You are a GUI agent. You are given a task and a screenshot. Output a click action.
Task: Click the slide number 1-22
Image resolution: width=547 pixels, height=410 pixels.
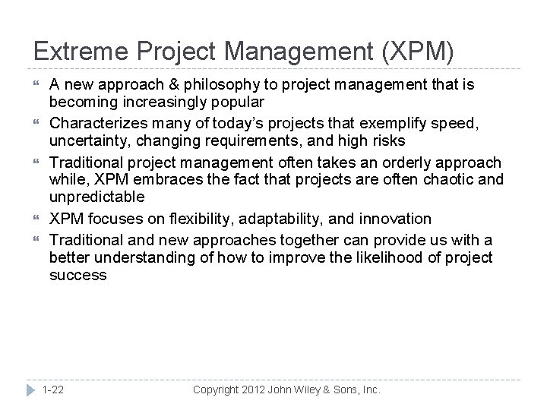click(53, 389)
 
